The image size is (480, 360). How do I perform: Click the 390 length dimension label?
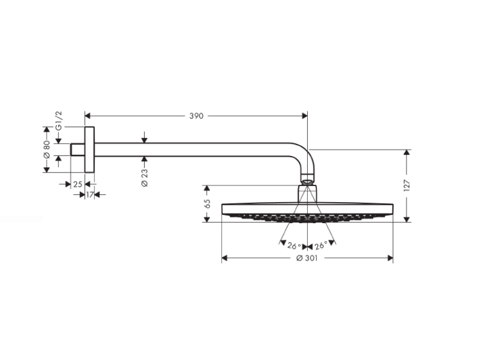click(x=196, y=116)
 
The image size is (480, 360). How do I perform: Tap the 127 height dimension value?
click(x=407, y=185)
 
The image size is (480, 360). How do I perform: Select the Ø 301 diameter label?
click(x=307, y=258)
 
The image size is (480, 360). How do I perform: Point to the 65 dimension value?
click(x=207, y=204)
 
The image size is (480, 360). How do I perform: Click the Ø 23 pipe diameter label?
click(x=145, y=178)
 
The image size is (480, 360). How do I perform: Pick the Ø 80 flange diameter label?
click(x=46, y=150)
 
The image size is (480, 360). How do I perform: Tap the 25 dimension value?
click(x=77, y=184)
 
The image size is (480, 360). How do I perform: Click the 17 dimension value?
click(x=90, y=194)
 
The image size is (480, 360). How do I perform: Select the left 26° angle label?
click(x=294, y=246)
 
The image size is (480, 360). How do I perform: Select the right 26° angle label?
click(x=321, y=245)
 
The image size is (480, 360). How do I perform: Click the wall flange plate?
click(x=90, y=150)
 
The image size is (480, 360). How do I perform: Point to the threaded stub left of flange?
click(x=77, y=150)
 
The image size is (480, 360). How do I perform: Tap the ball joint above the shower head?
click(x=307, y=180)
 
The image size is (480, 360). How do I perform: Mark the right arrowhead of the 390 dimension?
click(x=305, y=116)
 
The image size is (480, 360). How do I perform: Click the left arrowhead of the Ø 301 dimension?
click(x=225, y=258)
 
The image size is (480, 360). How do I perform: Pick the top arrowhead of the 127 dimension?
click(x=407, y=153)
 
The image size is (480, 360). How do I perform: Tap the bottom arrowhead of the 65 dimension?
click(x=207, y=219)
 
